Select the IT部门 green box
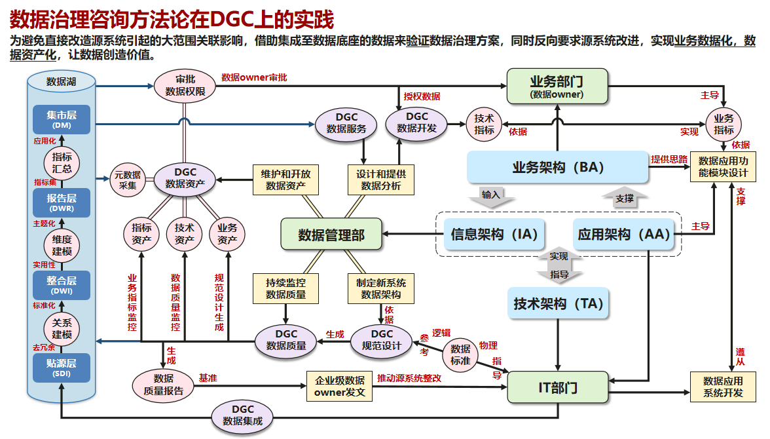[x=558, y=387]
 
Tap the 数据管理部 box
[x=331, y=235]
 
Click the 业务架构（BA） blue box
[x=557, y=167]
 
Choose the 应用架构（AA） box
[x=624, y=234]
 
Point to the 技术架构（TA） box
[x=558, y=303]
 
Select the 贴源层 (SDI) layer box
[x=61, y=368]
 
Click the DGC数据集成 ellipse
[x=242, y=415]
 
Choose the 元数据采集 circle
[x=127, y=180]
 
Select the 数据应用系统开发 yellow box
[x=723, y=387]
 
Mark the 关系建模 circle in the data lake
[x=61, y=328]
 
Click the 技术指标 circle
[x=484, y=124]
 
